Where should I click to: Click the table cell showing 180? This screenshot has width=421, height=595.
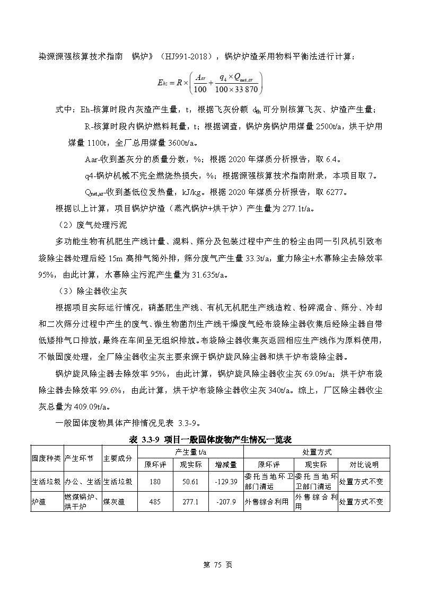[155, 482]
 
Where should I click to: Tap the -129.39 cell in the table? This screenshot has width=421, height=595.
[226, 482]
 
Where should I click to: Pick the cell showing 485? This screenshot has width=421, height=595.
[155, 502]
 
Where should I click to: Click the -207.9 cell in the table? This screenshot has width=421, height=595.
[226, 502]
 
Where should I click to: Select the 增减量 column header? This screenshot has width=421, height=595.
[226, 465]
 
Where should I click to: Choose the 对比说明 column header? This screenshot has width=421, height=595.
[364, 465]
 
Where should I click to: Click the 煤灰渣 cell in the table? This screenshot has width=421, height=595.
[113, 502]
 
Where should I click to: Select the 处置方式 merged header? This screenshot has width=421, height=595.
[317, 452]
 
